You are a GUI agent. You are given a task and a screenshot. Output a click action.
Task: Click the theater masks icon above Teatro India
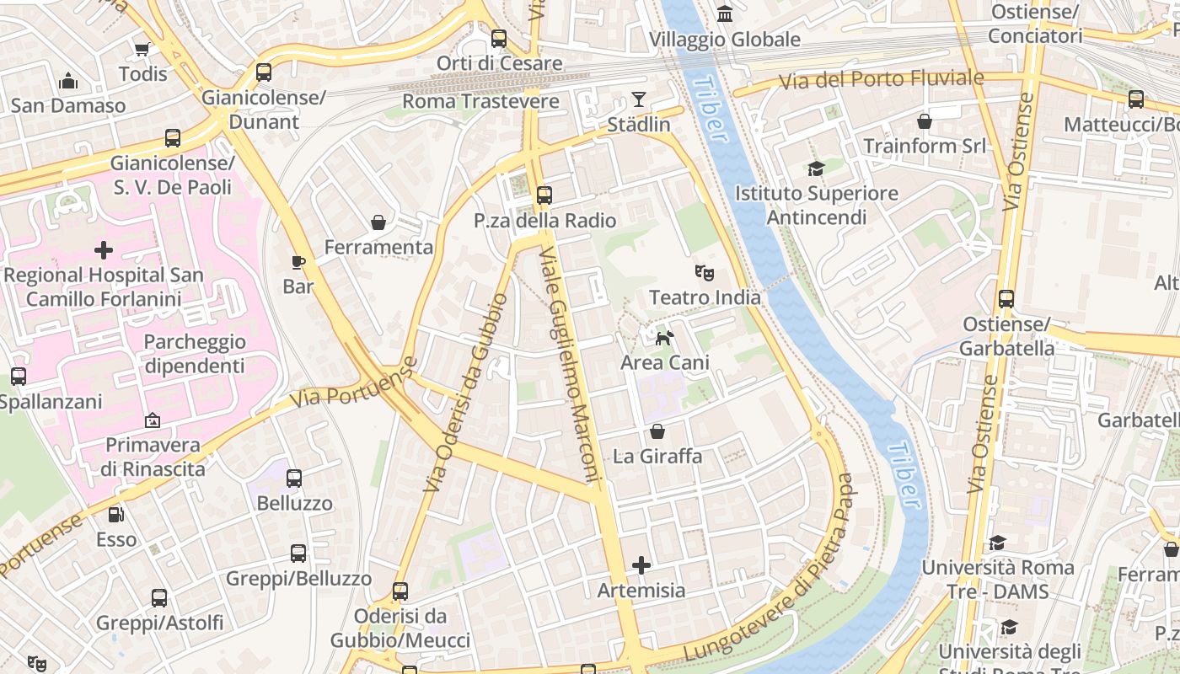[x=704, y=272]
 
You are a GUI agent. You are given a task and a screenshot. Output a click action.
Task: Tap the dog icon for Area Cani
[x=665, y=338]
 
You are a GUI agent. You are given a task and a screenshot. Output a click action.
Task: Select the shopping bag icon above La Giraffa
[x=657, y=431]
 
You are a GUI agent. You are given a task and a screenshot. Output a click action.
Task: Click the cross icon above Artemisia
[x=641, y=565]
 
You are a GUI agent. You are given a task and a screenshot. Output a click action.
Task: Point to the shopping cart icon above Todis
[x=142, y=49]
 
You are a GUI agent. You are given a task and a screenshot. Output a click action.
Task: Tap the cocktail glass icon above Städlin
[x=639, y=99]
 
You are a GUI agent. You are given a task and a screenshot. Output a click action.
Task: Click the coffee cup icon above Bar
[x=298, y=262]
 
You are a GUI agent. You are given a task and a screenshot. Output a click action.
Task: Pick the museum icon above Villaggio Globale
[x=724, y=13]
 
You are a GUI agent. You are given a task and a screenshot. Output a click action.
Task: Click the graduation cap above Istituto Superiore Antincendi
[x=815, y=168]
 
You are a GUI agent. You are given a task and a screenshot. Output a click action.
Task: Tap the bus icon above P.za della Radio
[x=544, y=195]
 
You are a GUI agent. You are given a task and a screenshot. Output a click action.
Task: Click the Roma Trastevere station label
[x=480, y=101]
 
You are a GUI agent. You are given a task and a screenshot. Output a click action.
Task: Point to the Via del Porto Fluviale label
[x=881, y=80]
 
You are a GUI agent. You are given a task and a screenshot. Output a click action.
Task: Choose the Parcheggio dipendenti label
[x=195, y=354]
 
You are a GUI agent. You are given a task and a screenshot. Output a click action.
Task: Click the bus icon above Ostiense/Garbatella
[x=1006, y=299]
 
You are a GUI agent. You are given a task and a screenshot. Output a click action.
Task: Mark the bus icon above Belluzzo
[x=294, y=479]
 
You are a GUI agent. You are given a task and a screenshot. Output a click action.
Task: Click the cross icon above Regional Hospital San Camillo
[x=104, y=250]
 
